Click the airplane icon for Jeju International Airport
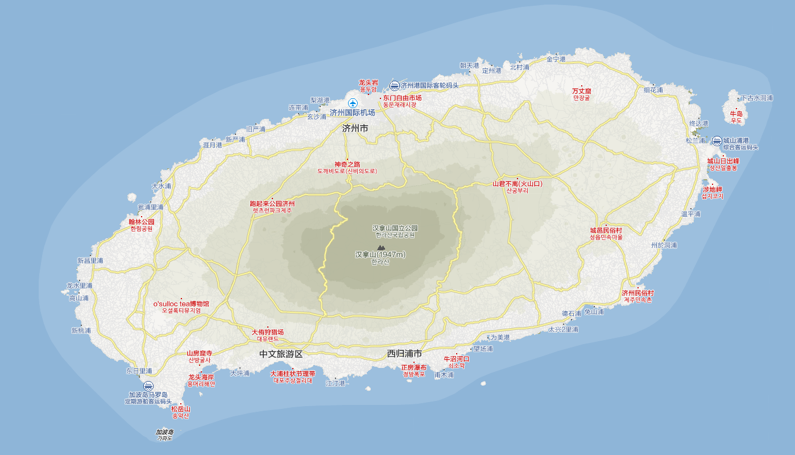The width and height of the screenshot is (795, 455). pos(353,103)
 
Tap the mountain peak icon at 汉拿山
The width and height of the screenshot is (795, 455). pos(380,247)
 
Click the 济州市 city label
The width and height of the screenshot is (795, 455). pos(355,129)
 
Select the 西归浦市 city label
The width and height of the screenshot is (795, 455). pos(404,354)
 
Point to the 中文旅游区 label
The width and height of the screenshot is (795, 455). pos(281,354)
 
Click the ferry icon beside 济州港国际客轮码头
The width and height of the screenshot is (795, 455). pos(394,86)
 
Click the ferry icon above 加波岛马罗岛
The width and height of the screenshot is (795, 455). pos(148,386)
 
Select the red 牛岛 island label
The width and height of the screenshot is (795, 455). pos(736,114)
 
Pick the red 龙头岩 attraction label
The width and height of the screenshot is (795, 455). pos(368,82)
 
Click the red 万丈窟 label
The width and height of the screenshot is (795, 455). pos(582,91)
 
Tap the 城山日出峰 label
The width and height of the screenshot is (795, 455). pos(723,161)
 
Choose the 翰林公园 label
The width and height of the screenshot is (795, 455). pos(142,222)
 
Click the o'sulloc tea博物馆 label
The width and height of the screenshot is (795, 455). pos(181,304)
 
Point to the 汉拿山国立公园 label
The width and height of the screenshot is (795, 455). pos(395,228)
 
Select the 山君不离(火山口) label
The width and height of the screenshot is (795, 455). pos(517,184)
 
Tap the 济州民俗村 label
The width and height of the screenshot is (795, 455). pos(637,293)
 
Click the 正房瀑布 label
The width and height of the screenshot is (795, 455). pos(413,367)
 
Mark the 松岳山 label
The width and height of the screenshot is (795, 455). pos(180,409)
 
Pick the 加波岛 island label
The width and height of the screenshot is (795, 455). pos(164,432)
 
